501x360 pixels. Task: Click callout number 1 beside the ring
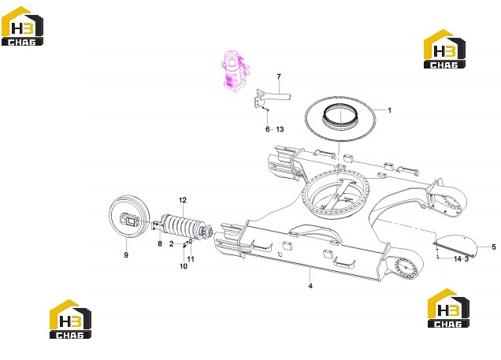point(389,110)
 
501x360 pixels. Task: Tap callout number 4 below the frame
point(310,286)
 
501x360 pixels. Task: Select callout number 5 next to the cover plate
point(494,247)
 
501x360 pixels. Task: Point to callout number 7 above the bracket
point(279,76)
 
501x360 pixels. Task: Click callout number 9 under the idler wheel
point(126,255)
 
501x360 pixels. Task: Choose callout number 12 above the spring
point(183,200)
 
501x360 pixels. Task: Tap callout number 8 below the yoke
point(160,243)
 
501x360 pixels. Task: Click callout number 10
point(184,266)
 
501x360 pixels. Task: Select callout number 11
point(191,258)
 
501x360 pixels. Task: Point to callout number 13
point(280,129)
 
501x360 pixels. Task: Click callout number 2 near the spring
point(172,244)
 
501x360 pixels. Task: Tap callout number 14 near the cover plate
point(458,258)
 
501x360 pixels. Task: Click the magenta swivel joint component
point(235,71)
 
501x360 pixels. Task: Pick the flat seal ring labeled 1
point(340,119)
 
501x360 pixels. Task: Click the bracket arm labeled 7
point(273,98)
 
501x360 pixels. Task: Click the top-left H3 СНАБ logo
point(22,26)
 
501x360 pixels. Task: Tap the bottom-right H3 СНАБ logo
point(448,308)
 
